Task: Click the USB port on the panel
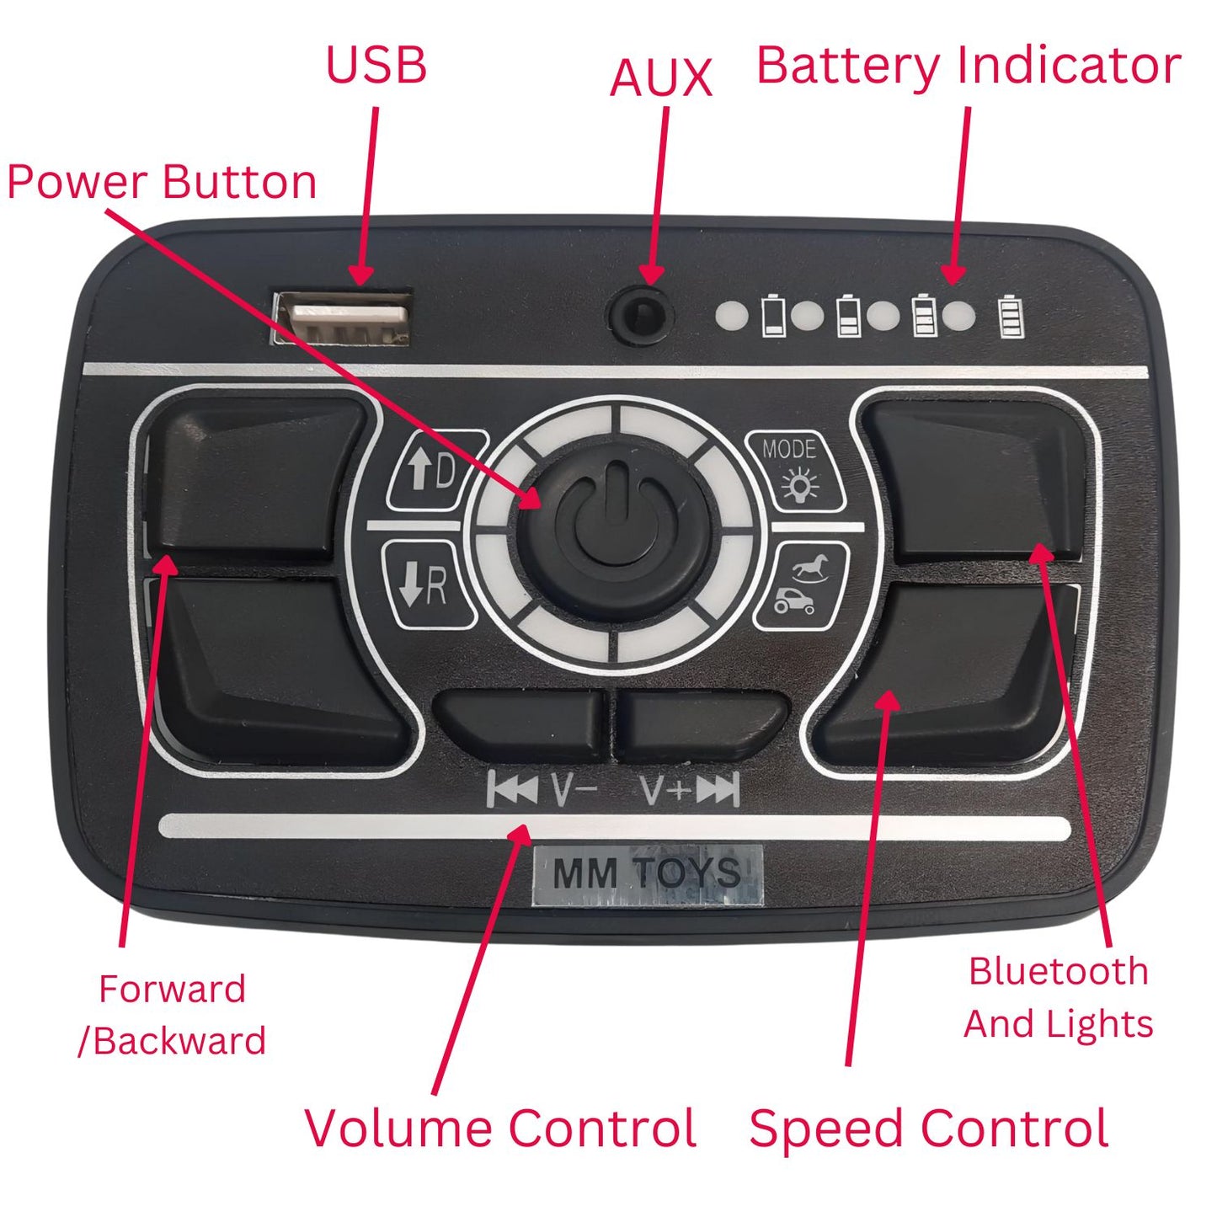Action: (342, 318)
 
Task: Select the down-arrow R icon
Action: (426, 584)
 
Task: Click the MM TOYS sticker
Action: (647, 874)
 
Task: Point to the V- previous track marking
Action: (542, 790)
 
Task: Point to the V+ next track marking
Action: (690, 790)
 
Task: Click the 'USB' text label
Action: (376, 66)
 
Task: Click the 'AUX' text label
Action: (661, 78)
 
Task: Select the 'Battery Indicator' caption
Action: (969, 66)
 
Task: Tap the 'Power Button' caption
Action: (162, 182)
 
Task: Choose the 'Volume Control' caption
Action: (500, 1129)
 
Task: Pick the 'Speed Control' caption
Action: (928, 1129)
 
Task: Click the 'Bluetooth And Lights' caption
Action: (1058, 998)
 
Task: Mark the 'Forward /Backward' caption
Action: (172, 1015)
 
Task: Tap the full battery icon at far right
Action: (1011, 317)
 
